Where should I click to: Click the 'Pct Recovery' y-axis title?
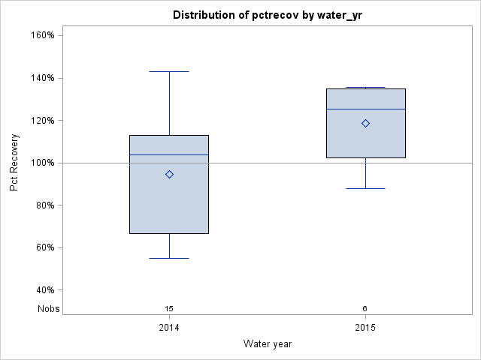click(x=15, y=163)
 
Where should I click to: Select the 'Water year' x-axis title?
click(x=268, y=343)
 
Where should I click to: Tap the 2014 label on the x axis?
click(x=169, y=328)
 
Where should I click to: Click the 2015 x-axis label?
click(x=365, y=328)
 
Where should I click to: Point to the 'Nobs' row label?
click(x=49, y=308)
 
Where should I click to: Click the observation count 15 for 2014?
click(x=169, y=308)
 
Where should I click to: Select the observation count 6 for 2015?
click(x=365, y=308)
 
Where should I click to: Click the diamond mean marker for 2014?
click(x=169, y=174)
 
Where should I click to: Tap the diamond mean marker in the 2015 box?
click(x=365, y=123)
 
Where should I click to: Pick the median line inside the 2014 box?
click(x=169, y=154)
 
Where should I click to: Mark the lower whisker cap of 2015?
click(x=365, y=188)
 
